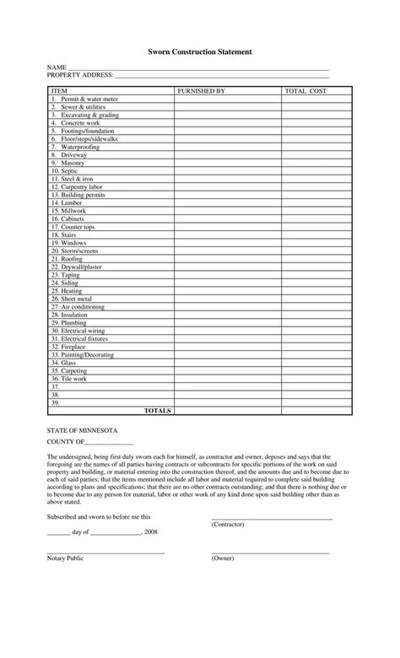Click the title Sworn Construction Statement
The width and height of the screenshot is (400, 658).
(200, 51)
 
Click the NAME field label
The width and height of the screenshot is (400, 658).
(57, 67)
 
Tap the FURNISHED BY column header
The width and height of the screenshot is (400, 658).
(201, 90)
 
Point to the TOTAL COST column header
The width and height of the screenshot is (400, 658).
(305, 90)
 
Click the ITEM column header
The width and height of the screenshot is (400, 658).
(60, 90)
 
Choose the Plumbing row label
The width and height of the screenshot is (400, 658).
(70, 322)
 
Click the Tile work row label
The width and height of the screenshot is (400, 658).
(71, 379)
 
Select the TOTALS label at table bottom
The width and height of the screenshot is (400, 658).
(158, 411)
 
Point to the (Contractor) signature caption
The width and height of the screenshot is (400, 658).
(228, 524)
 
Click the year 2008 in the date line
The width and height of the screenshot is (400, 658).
(151, 533)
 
